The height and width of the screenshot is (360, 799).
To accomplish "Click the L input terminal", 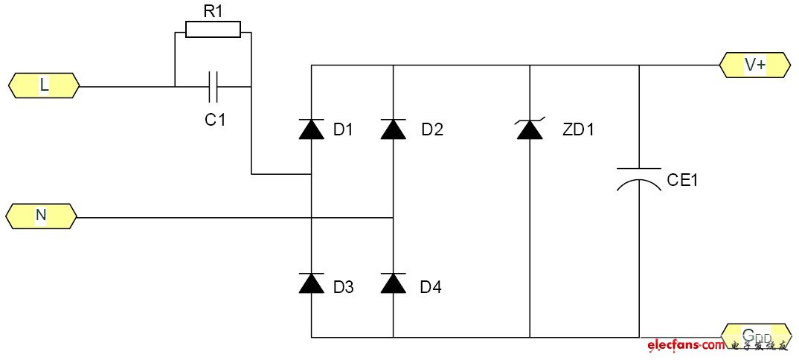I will point(44,86).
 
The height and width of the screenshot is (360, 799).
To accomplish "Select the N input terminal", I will point(41,216).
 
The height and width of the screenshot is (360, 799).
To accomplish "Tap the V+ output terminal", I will point(754,65).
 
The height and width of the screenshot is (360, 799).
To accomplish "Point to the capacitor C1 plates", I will point(214,86).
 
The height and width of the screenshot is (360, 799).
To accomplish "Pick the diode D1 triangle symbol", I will point(311,129).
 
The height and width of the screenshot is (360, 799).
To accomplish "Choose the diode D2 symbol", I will point(393,129).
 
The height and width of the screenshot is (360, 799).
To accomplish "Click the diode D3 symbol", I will point(311,283).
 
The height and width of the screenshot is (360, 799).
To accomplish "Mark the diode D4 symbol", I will point(393,283).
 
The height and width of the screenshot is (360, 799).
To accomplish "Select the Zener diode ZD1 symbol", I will point(529,129).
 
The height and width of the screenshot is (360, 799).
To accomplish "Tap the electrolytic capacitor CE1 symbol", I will point(638,181).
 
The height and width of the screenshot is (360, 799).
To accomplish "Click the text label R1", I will point(214,10).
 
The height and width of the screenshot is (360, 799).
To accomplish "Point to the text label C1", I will point(215,119).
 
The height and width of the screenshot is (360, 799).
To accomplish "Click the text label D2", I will point(431,130).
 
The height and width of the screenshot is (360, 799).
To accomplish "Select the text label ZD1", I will point(579,130).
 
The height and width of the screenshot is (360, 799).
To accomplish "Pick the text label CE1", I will point(682,180).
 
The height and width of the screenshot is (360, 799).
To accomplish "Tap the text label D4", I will point(431,287).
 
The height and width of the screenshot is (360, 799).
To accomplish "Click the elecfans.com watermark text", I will point(685,346).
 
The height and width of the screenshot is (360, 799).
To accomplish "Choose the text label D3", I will point(343,287).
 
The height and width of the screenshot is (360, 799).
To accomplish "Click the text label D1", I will point(344,130).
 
